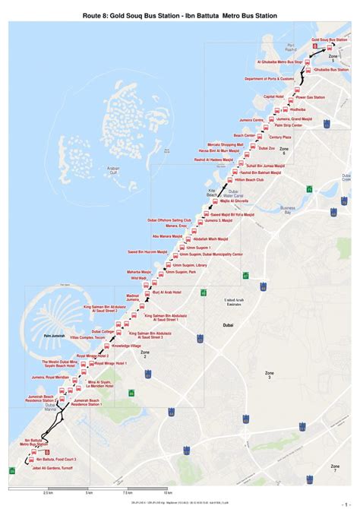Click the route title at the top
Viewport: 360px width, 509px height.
[x=179, y=14]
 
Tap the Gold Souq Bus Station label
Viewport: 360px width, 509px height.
[x=328, y=39]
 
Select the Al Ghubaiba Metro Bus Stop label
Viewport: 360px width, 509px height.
[x=280, y=62]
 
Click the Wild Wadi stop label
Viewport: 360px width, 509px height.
[x=138, y=278]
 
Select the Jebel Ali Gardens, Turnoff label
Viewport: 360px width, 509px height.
[x=56, y=469]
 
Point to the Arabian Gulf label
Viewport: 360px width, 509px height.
[x=113, y=170]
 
